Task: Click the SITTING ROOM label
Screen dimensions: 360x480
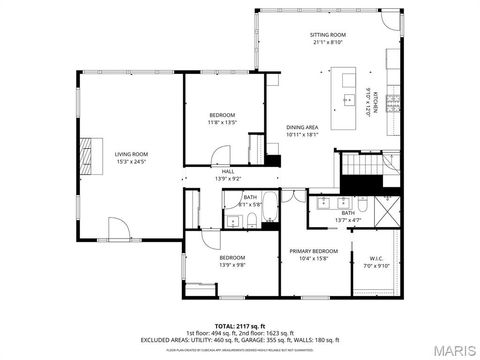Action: click(x=327, y=35)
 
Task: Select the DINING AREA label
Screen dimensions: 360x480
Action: click(x=302, y=127)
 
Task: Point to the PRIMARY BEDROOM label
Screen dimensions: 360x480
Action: click(x=313, y=251)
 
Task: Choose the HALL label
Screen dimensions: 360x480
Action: click(x=228, y=171)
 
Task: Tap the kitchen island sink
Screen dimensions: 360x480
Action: click(x=348, y=99)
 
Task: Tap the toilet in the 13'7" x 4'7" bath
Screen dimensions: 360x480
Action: click(x=366, y=204)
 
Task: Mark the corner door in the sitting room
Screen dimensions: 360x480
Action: click(x=391, y=22)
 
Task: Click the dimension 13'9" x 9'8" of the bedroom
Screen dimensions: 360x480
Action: click(x=232, y=265)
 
